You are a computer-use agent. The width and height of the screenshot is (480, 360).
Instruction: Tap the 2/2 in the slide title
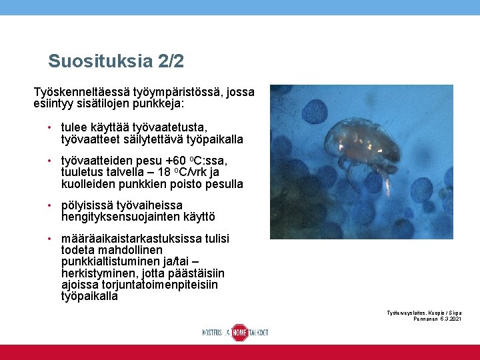(171, 62)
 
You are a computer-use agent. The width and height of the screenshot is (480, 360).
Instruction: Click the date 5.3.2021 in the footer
(451, 319)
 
